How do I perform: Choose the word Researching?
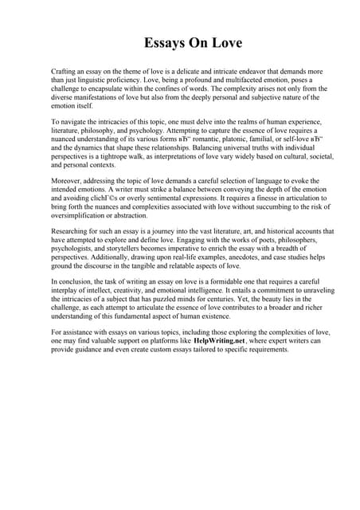pos(72,231)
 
